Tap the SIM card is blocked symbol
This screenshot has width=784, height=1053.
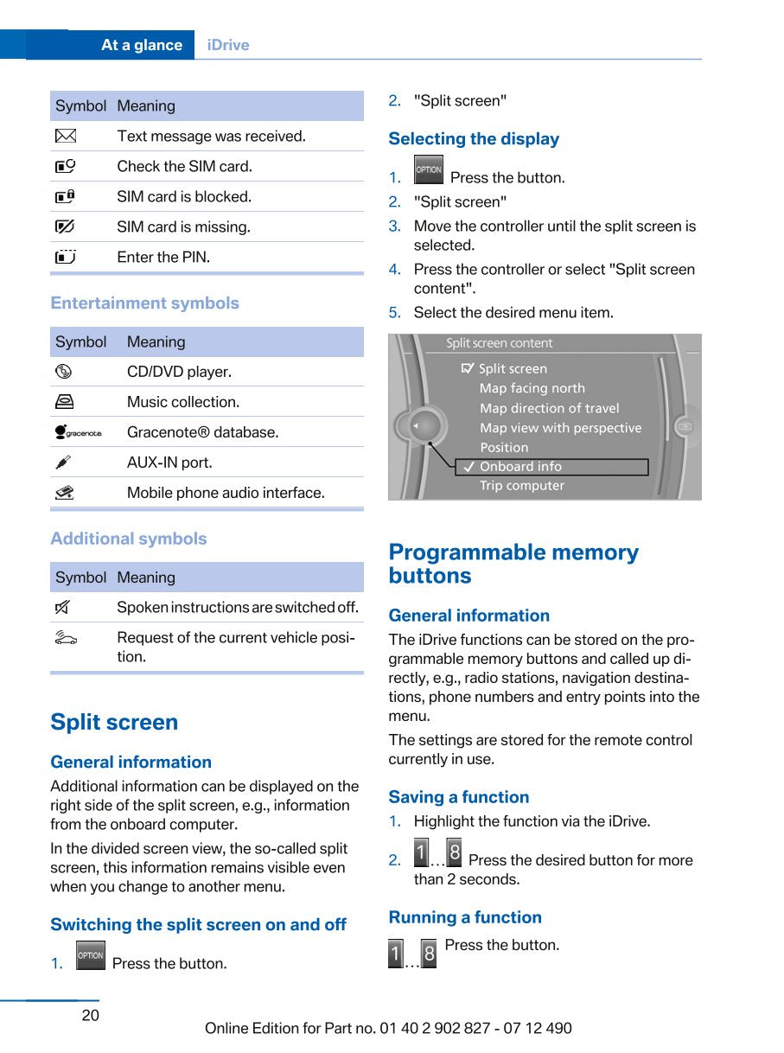coord(65,196)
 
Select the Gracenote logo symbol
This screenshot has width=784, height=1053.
coord(77,432)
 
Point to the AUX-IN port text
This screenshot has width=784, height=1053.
coord(169,463)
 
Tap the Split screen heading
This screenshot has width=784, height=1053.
coord(114,722)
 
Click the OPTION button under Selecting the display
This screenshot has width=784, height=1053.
coord(428,170)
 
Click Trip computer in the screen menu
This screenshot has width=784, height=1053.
coord(521,486)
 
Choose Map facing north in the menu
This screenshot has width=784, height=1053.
coord(532,389)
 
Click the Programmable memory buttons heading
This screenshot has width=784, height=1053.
coord(513,564)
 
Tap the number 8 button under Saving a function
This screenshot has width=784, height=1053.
coord(454,853)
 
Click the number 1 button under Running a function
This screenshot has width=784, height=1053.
coord(396,954)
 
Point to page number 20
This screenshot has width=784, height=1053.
coord(91,1015)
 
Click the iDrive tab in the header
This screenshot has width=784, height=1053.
coord(228,45)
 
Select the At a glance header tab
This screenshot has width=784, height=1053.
coord(141,45)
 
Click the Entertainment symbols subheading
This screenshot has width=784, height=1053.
coord(144,303)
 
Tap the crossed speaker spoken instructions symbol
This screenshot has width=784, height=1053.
coord(63,607)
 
